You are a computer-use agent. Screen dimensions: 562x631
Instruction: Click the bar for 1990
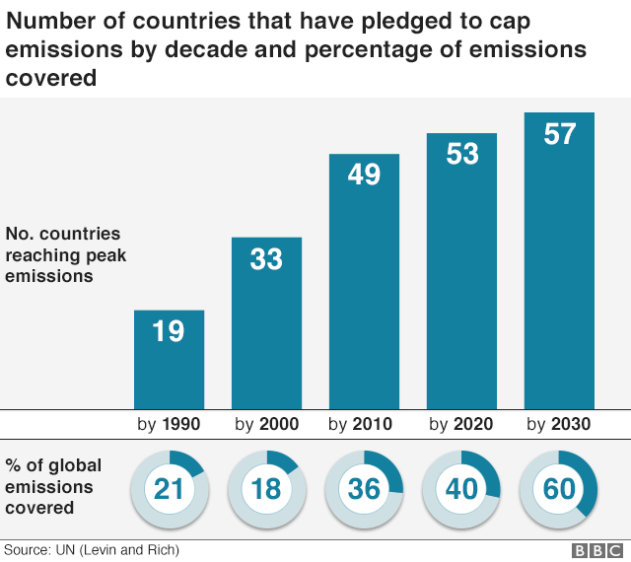coord(169,359)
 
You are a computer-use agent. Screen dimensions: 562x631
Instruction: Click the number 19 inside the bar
coord(169,331)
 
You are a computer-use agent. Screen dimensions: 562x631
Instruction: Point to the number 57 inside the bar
coord(559,134)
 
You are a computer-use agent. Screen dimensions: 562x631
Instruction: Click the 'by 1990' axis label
coord(169,425)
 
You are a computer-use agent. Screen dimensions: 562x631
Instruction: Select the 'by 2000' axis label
coord(266,425)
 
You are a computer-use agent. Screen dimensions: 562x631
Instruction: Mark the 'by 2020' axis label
coord(461,425)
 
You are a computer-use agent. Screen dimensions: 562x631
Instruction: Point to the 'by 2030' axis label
coord(558,425)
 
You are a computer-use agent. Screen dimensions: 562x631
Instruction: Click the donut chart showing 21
coord(169,488)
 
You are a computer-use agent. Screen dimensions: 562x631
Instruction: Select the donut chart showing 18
coord(266,488)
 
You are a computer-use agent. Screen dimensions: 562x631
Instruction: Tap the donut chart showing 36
coord(364,488)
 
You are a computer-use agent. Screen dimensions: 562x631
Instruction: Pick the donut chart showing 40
coord(461,488)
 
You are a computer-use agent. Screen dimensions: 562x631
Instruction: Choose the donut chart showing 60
coord(558,488)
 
